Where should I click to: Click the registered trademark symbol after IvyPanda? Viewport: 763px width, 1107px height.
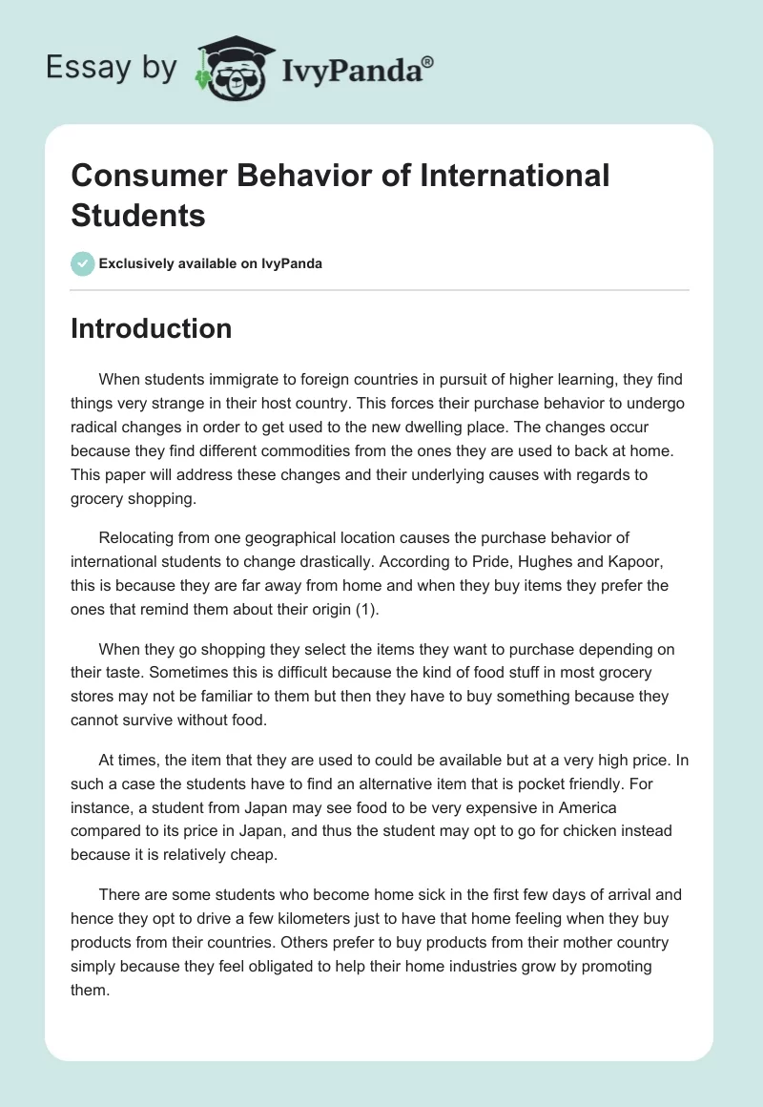click(428, 62)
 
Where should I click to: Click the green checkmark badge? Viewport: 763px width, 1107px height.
click(83, 263)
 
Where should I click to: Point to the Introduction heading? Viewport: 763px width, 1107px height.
click(152, 328)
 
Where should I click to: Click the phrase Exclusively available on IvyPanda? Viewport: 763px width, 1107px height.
click(211, 263)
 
